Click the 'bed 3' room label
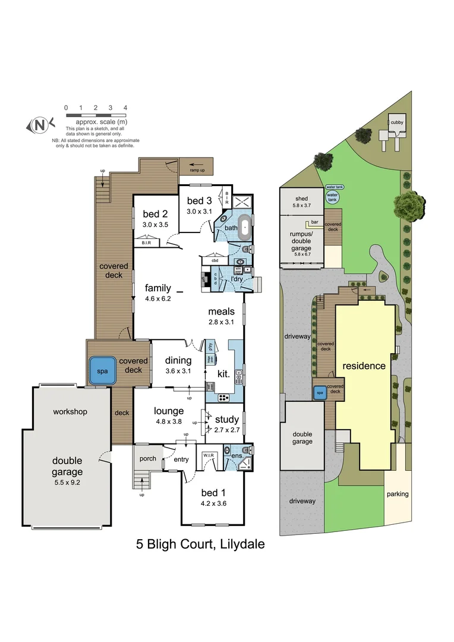point(199,200)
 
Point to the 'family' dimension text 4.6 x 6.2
point(157,298)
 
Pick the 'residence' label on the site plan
point(363,366)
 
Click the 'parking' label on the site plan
point(398,494)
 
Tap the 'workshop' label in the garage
point(70,411)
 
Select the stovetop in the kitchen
point(225,398)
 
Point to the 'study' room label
point(226,420)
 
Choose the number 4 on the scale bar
point(125,108)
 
